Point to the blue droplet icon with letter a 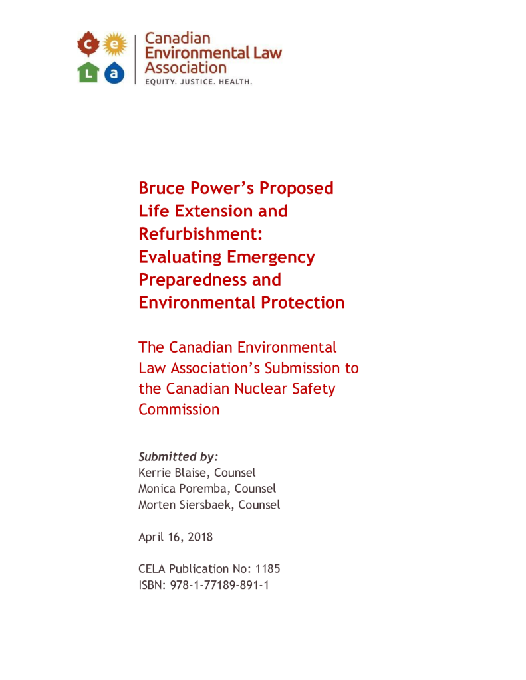(114, 72)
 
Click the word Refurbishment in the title (187, 234)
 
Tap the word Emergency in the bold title (271, 256)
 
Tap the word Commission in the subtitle (179, 409)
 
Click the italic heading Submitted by (178, 457)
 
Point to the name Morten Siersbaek (186, 505)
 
